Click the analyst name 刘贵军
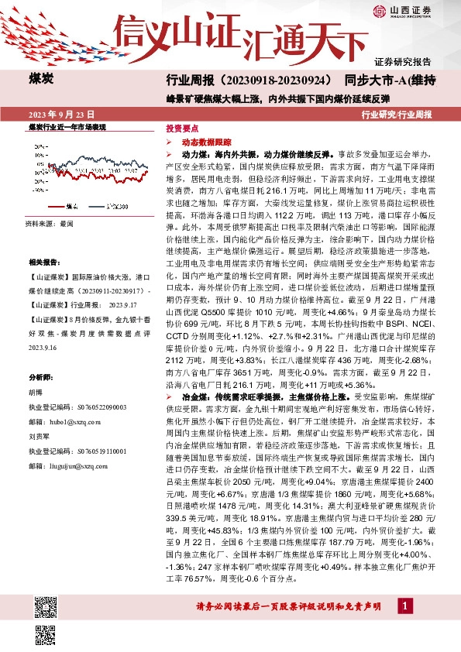(x=38, y=436)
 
